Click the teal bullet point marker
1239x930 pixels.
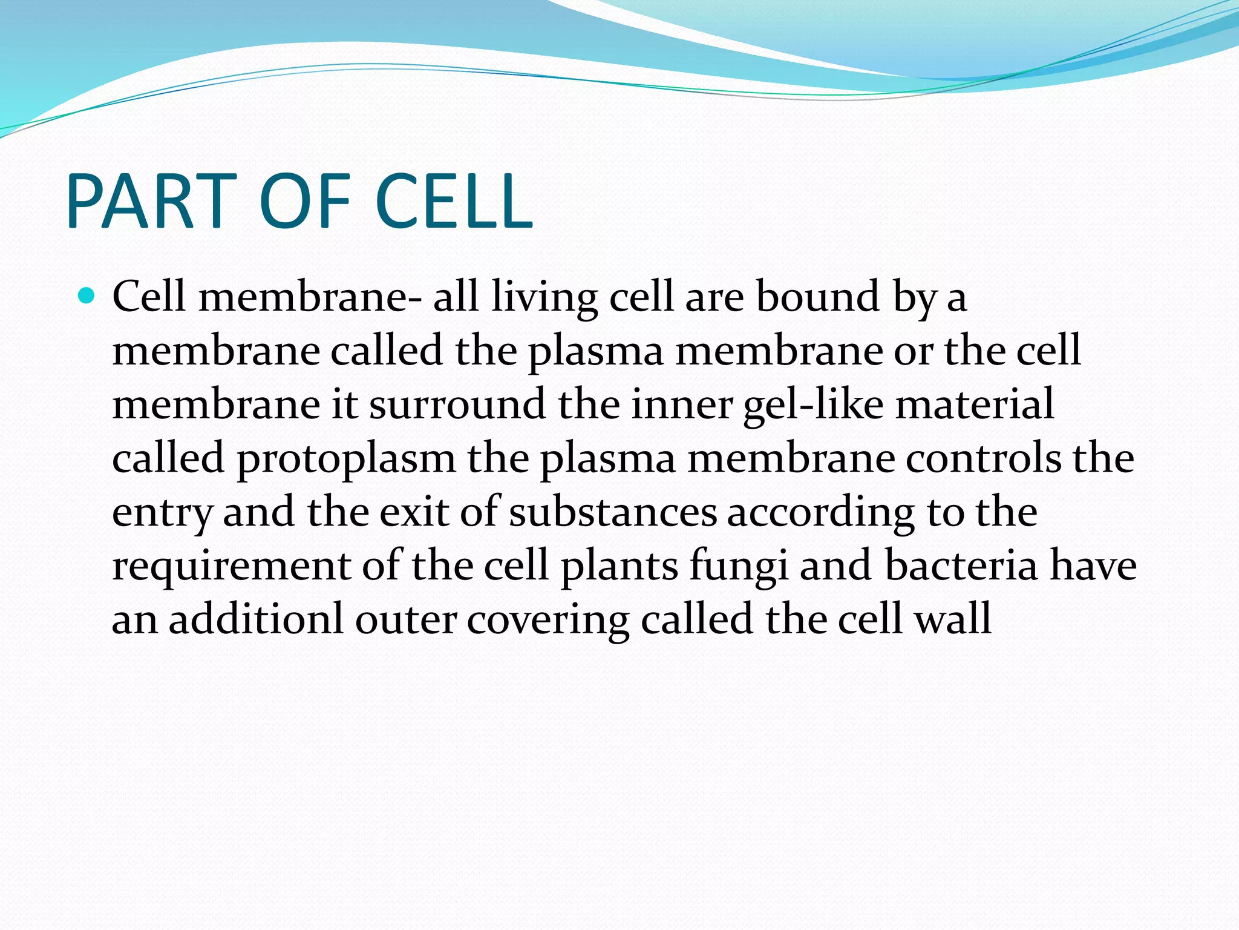[x=87, y=296]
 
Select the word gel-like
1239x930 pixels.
[x=813, y=406]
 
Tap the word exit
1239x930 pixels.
[x=414, y=512]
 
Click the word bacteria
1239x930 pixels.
[x=961, y=566]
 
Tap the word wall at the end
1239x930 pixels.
[x=952, y=619]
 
